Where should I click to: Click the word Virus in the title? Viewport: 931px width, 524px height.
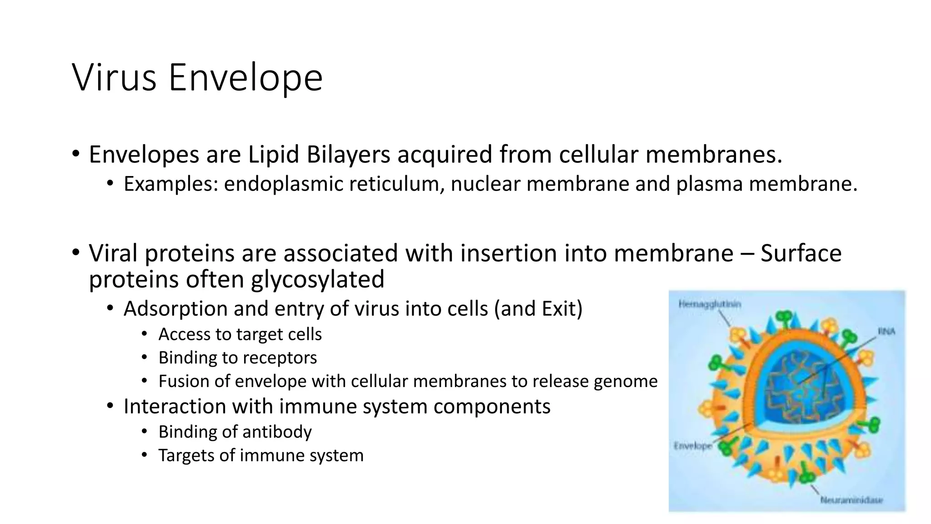(x=114, y=77)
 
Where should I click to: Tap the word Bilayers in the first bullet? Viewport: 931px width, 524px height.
(x=348, y=154)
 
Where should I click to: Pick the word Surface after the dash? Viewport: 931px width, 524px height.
(x=801, y=253)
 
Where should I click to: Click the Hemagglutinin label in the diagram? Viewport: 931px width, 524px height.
(x=710, y=304)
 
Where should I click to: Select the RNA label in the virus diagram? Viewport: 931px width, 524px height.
(x=886, y=332)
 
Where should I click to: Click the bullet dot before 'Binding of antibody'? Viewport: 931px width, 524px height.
(x=144, y=432)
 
